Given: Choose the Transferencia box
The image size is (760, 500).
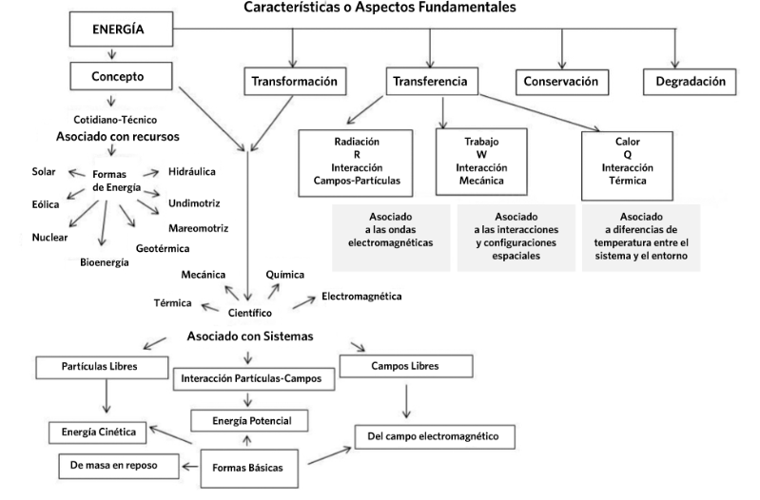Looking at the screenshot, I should (x=430, y=83).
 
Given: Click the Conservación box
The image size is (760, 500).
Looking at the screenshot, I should (x=561, y=83).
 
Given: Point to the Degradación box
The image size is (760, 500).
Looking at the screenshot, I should (x=690, y=83).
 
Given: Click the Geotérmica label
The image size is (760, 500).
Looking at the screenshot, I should (x=164, y=248).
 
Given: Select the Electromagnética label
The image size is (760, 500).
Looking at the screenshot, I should (x=361, y=297).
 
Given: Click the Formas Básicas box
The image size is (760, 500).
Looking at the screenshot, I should (x=250, y=469).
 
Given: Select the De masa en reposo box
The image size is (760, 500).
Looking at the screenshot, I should (x=110, y=466).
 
